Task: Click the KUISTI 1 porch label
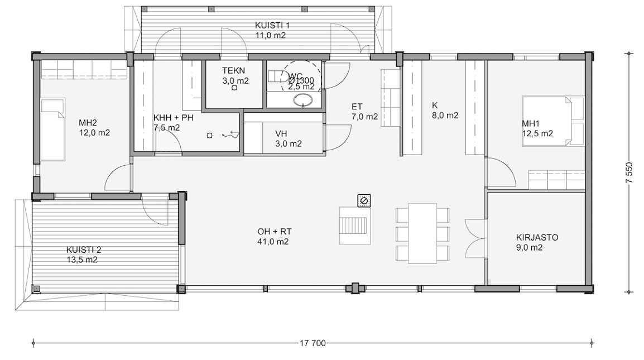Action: pyautogui.click(x=272, y=26)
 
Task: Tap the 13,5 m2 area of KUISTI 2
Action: pyautogui.click(x=82, y=260)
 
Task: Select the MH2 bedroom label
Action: pyautogui.click(x=88, y=122)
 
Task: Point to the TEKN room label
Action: pyautogui.click(x=233, y=71)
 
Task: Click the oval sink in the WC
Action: pyautogui.click(x=303, y=99)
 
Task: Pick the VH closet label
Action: pyautogui.click(x=281, y=133)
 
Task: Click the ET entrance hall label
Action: pyautogui.click(x=357, y=107)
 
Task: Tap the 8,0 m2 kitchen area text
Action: pyautogui.click(x=445, y=116)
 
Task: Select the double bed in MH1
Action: pyautogui.click(x=553, y=121)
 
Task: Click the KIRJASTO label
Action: pyautogui.click(x=537, y=238)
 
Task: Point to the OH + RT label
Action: pyautogui.click(x=275, y=232)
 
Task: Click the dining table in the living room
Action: pyautogui.click(x=422, y=233)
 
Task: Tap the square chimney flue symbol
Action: pyautogui.click(x=364, y=200)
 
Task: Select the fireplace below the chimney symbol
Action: pyautogui.click(x=354, y=225)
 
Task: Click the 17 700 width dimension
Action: pyautogui.click(x=313, y=343)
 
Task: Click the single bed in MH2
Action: pyautogui.click(x=52, y=129)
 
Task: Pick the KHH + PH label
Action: pyautogui.click(x=174, y=118)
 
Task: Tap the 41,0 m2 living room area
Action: pyautogui.click(x=273, y=242)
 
